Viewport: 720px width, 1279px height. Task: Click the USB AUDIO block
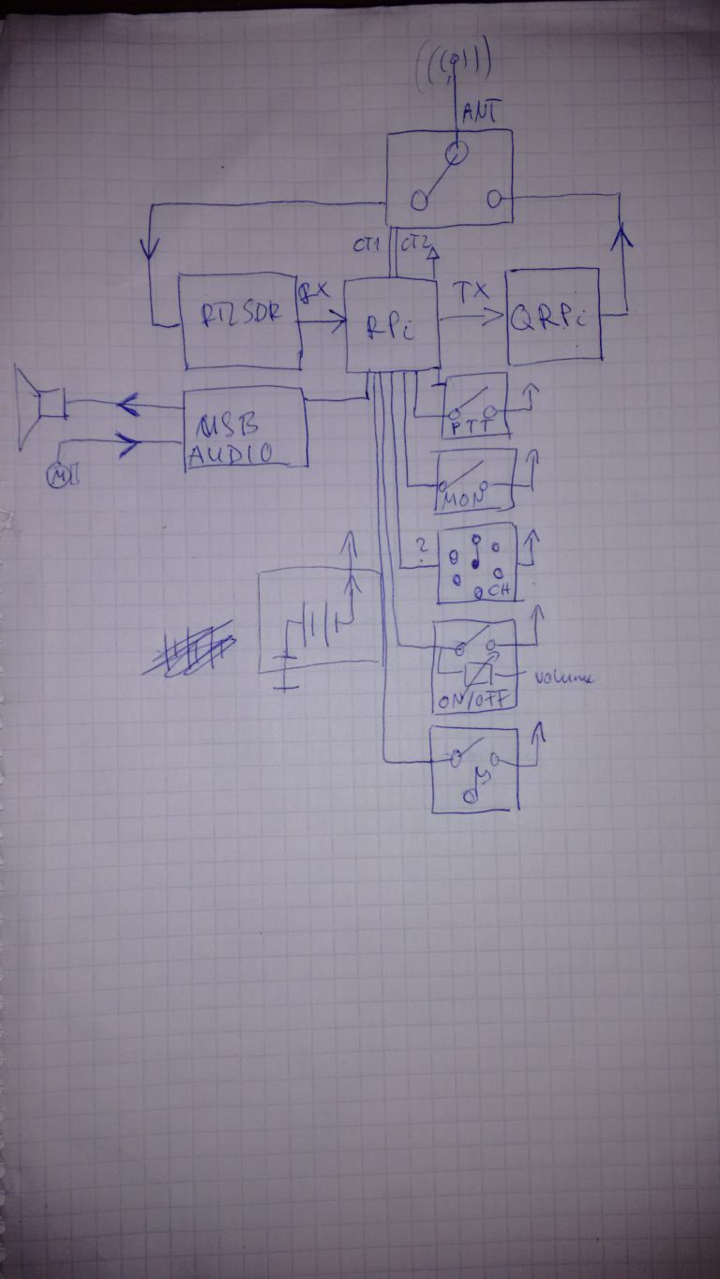[x=246, y=429]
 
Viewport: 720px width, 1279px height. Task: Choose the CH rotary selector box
[x=476, y=562]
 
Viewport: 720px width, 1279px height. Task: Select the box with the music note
[x=474, y=769]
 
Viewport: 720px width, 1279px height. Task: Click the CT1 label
[x=367, y=246]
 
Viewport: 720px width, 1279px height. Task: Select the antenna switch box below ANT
[x=451, y=178]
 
